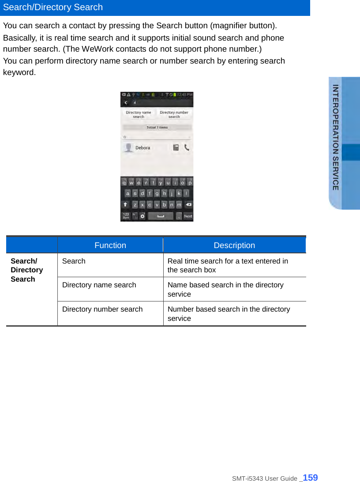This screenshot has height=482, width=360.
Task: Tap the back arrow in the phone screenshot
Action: click(x=126, y=102)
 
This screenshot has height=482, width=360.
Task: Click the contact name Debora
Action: click(x=142, y=148)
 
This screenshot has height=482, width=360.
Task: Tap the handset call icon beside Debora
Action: click(x=187, y=148)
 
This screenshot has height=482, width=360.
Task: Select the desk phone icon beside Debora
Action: click(x=176, y=148)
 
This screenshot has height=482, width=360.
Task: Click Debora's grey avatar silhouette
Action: click(x=128, y=148)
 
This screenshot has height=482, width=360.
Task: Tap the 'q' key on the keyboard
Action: click(x=124, y=182)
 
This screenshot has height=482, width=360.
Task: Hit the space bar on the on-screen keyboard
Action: click(x=161, y=216)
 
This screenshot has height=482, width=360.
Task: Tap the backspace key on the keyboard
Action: click(x=188, y=205)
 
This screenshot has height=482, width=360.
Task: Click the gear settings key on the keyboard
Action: click(x=142, y=216)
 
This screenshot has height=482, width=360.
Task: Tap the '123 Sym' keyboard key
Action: click(x=126, y=216)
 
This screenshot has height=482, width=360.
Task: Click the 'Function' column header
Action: click(x=110, y=245)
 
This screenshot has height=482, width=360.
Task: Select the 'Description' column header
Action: click(x=234, y=245)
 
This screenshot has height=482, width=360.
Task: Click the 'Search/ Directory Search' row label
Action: click(x=27, y=270)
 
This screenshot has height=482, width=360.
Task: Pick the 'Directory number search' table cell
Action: click(x=102, y=309)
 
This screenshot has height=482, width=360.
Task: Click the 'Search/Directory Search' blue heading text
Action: click(x=53, y=8)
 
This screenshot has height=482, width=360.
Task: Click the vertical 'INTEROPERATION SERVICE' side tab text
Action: click(x=336, y=137)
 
